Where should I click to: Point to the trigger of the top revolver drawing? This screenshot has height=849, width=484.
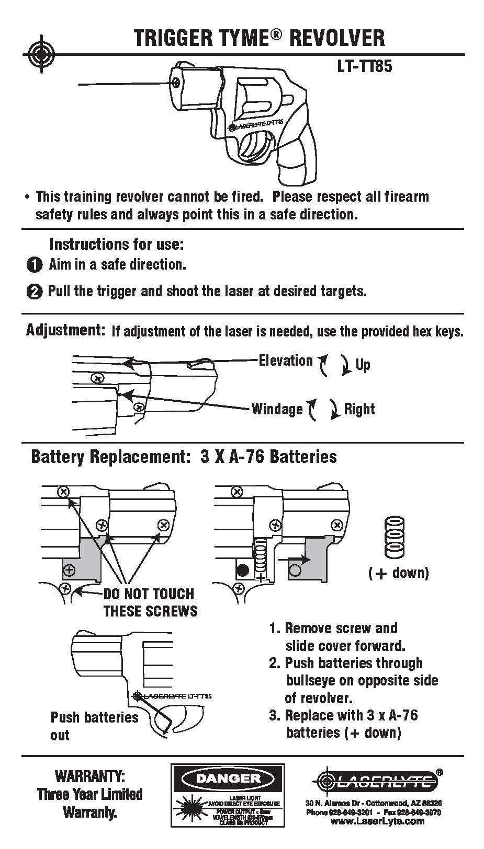click(257, 144)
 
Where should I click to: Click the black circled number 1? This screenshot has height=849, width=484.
click(34, 265)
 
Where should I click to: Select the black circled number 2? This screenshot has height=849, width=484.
click(34, 292)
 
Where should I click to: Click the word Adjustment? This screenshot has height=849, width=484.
click(66, 330)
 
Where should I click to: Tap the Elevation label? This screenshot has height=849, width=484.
click(286, 360)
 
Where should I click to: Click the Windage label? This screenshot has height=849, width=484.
click(277, 409)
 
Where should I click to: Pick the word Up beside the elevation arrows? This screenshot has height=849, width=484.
click(363, 364)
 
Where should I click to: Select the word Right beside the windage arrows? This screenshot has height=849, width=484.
click(359, 409)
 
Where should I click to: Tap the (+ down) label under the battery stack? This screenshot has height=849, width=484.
click(398, 573)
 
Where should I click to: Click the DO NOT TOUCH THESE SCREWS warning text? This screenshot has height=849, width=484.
click(150, 602)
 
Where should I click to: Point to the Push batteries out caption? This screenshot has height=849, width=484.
click(94, 726)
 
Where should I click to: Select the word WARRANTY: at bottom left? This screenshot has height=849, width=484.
click(90, 775)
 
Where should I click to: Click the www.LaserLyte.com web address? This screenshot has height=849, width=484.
click(377, 821)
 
